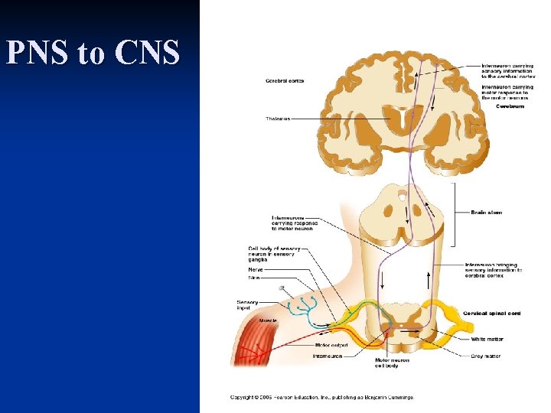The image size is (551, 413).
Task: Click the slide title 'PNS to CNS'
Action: tap(93, 52)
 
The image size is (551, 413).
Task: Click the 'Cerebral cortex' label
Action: tap(284, 80)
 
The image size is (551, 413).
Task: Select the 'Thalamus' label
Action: tap(277, 119)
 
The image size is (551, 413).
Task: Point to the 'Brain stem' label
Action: tap(486, 213)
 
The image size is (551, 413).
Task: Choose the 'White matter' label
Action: tap(487, 339)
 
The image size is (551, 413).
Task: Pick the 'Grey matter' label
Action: tap(486, 356)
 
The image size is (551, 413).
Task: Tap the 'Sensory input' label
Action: tap(247, 304)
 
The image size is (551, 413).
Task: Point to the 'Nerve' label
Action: tap(256, 269)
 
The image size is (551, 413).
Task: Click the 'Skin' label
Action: tap(253, 278)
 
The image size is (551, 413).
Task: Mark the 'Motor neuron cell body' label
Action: tap(392, 363)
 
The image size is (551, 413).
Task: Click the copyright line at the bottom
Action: tap(321, 397)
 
